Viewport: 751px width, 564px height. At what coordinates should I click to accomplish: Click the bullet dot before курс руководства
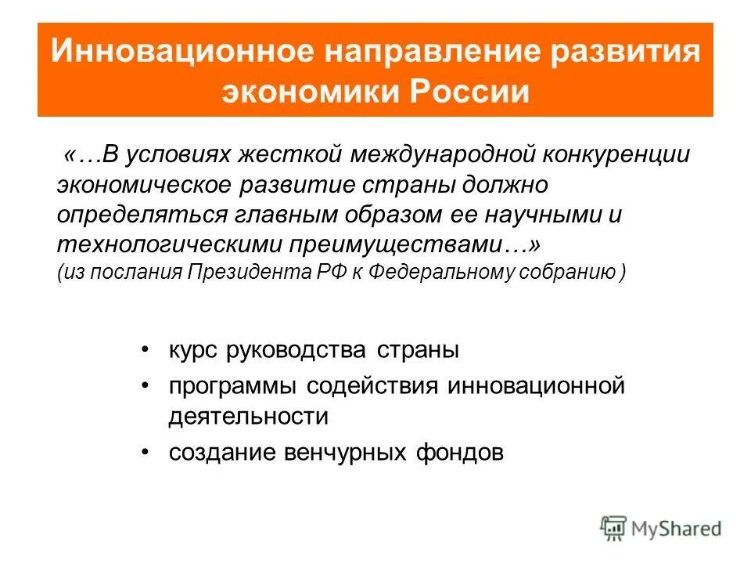pos(146,351)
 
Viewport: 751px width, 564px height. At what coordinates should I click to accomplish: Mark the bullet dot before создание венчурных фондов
pos(146,453)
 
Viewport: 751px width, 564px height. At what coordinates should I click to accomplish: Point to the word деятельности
pos(248,415)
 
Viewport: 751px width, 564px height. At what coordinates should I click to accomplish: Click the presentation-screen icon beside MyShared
pos(614,527)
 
